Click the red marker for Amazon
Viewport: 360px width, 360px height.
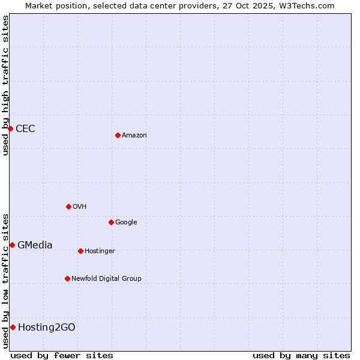[x=118, y=135]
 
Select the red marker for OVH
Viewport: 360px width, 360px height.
[x=68, y=206]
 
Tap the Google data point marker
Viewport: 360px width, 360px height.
[x=111, y=222]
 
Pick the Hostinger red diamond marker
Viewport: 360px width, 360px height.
[x=80, y=251]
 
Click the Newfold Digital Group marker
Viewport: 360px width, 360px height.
[x=67, y=278]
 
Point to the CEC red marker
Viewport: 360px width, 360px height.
[x=10, y=128]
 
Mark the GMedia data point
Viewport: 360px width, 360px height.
[x=12, y=245]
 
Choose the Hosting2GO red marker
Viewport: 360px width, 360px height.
[x=13, y=327]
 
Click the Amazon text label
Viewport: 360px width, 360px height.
[x=134, y=136]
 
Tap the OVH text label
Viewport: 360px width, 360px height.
[x=80, y=207]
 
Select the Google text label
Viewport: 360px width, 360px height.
[x=126, y=223]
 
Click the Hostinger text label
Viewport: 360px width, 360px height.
[x=100, y=251]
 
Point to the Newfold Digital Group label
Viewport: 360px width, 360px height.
[x=106, y=279]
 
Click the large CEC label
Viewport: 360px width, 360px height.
[x=25, y=129]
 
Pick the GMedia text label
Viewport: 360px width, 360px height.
[x=35, y=245]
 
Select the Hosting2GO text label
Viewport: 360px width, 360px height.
[x=47, y=328]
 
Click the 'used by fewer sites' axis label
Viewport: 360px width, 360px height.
[x=62, y=355]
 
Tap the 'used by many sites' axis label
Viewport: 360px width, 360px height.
[x=301, y=355]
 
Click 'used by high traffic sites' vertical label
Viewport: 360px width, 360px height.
[x=5, y=85]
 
